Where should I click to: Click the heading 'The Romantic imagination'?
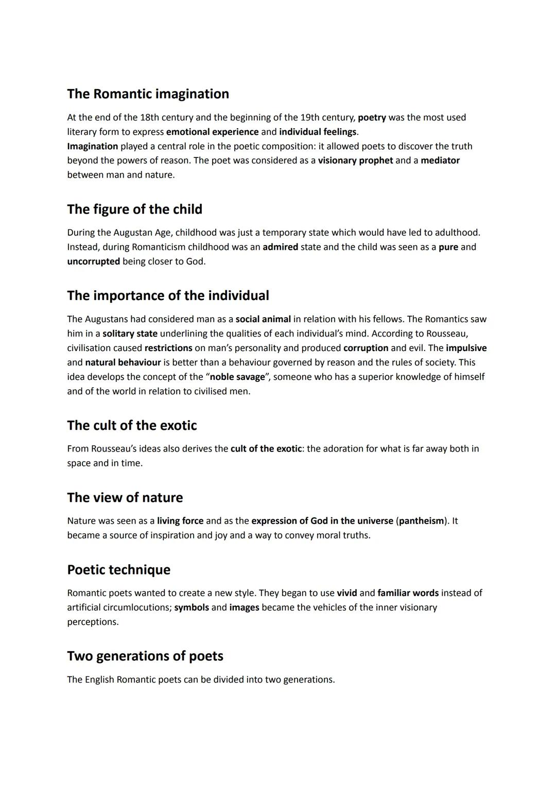coord(148,94)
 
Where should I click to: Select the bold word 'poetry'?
coord(372,117)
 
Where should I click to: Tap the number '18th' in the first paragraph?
coord(149,117)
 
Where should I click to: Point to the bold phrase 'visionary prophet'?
coord(355,161)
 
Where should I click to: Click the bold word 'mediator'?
coord(440,161)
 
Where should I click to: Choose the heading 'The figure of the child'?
coord(134,210)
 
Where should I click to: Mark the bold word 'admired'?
coord(280,247)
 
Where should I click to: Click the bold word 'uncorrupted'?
coord(93,261)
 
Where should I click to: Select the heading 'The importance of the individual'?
coord(168,296)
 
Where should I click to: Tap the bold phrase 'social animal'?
coord(263,319)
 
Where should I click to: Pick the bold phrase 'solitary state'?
coord(130,334)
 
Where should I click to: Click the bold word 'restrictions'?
coord(168,348)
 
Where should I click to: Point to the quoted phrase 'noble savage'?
coord(237,377)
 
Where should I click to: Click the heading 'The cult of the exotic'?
coord(132,426)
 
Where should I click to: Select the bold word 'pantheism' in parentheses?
coord(421,521)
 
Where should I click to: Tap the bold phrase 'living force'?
coord(180,521)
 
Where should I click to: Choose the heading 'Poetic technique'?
coord(118,570)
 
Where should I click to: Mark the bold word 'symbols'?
coord(192,607)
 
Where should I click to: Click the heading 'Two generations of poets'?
coord(145,656)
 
